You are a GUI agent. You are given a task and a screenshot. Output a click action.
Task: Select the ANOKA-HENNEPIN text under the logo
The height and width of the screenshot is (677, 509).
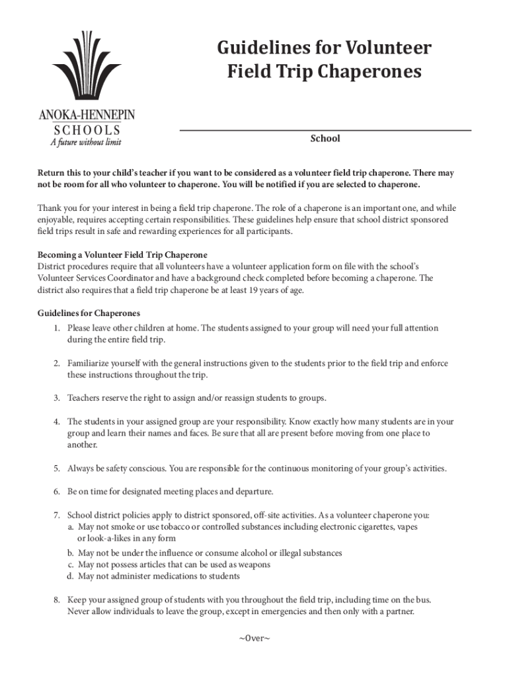[87, 116]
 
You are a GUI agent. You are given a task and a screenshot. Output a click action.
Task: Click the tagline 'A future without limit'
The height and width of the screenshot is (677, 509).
[86, 141]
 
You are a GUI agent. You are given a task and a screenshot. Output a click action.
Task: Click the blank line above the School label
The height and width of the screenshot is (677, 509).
[325, 129]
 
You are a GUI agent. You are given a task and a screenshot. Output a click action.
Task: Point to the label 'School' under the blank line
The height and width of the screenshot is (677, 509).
[325, 139]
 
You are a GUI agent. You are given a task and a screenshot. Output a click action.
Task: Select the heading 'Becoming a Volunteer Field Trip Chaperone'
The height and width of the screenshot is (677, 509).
[122, 255]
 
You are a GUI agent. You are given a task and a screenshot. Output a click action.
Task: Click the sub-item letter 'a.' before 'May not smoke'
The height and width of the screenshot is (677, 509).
[71, 527]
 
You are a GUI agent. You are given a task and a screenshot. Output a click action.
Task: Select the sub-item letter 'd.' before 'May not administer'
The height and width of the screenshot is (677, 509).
[70, 576]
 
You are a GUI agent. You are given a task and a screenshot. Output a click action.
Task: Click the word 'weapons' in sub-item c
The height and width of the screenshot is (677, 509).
[253, 565]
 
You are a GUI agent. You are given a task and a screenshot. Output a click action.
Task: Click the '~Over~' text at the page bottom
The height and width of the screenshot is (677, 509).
[255, 638]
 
